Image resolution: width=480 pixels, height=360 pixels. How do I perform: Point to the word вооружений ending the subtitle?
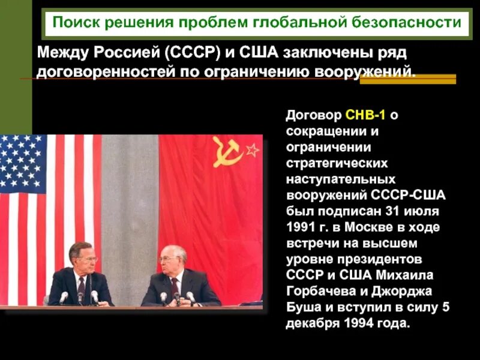coord(366,73)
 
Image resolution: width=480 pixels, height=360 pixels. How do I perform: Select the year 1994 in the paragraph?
coord(360,323)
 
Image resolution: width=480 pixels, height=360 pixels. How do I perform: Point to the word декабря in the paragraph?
coord(311,323)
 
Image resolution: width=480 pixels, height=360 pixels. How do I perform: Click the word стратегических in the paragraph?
coord(337,163)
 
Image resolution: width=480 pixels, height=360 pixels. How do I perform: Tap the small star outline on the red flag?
coord(251,149)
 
